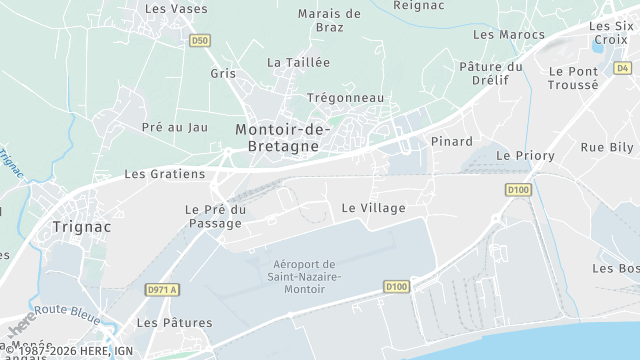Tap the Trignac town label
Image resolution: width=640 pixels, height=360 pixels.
tap(79, 226)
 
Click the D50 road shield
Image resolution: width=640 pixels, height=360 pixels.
tap(200, 41)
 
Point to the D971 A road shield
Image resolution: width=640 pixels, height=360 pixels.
tap(161, 290)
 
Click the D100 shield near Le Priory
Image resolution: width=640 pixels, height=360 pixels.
tap(517, 190)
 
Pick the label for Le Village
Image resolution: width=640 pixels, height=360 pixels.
tap(373, 208)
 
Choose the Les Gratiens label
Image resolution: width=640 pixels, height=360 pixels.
tap(164, 173)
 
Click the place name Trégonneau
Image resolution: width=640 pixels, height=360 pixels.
tap(345, 97)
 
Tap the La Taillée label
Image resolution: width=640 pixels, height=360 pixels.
tap(298, 62)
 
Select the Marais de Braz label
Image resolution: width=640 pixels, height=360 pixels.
tap(329, 21)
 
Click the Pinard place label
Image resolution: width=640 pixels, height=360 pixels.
tap(451, 141)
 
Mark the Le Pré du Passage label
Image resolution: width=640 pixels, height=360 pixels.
tap(215, 216)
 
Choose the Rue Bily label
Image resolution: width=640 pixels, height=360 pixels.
tap(607, 147)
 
